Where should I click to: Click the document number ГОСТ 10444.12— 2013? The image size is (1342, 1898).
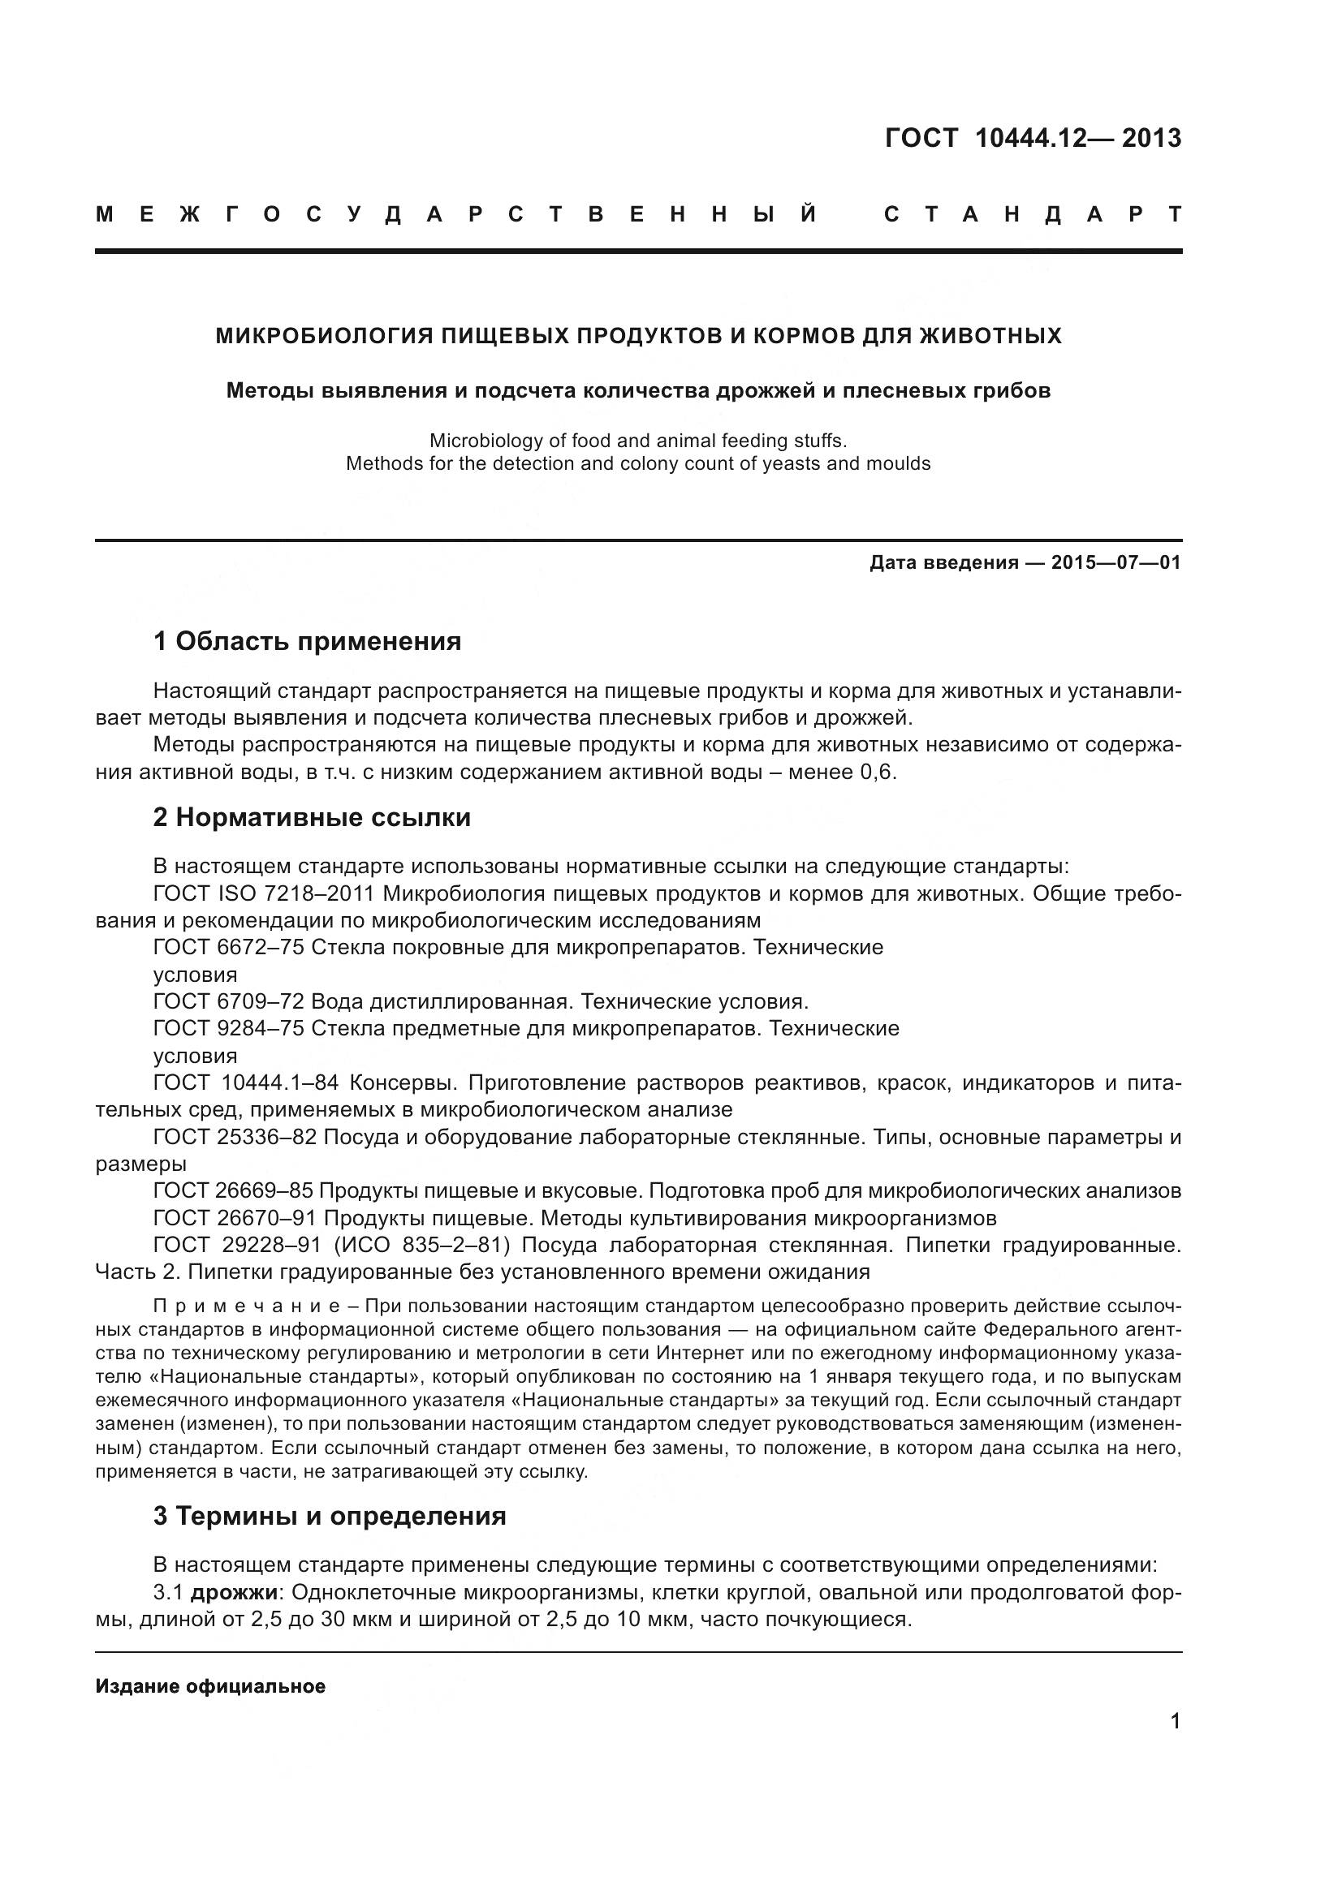1033,138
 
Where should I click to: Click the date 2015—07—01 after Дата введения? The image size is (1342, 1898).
1115,563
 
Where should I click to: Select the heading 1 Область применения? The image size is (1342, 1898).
307,641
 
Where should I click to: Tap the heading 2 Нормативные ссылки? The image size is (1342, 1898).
312,818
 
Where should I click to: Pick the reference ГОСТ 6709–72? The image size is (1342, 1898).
229,1002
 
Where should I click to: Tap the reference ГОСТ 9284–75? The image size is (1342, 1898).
229,1028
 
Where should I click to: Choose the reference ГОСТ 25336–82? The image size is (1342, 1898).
235,1137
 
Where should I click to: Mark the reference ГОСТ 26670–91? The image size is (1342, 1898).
235,1218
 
